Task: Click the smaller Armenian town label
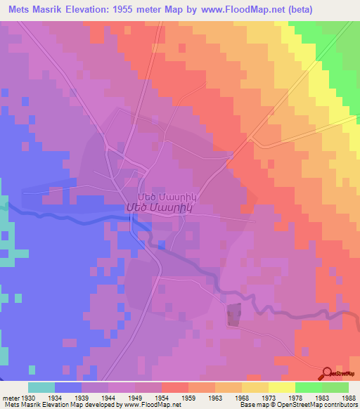161,196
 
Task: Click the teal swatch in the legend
41,387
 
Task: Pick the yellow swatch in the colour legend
281,387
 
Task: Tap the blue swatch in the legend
68,387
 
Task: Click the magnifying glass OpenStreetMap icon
328,372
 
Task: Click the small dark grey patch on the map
233,314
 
